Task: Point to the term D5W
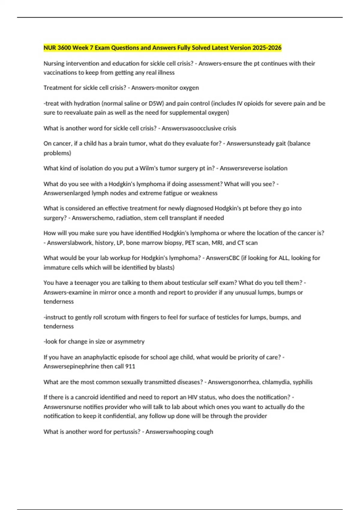pos(156,103)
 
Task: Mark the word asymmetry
pos(129,342)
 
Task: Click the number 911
pos(130,367)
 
